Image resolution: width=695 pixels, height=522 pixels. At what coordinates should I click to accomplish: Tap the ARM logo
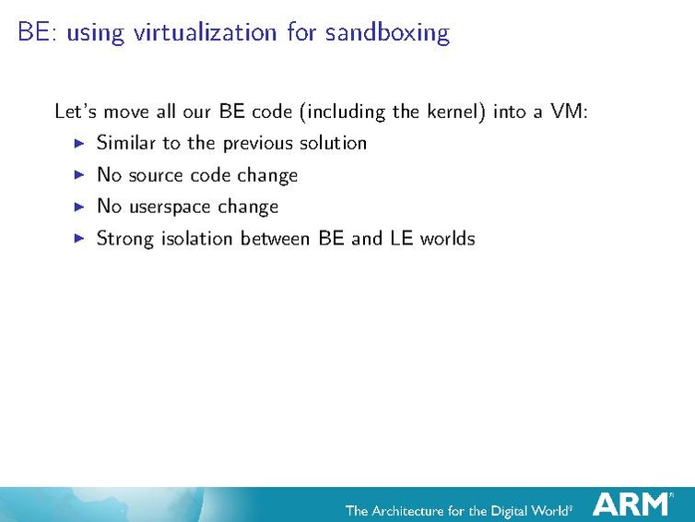tap(631, 504)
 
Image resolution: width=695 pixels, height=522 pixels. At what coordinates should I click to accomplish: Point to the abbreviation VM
tap(567, 113)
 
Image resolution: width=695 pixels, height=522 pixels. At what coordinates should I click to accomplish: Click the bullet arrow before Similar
tap(78, 143)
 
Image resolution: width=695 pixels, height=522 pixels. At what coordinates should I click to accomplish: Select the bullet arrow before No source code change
tap(78, 175)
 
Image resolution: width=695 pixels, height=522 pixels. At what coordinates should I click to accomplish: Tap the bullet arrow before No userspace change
tap(78, 207)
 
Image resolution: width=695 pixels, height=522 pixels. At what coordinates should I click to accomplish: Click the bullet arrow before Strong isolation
tap(78, 238)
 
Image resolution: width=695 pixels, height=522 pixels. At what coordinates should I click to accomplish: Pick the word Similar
tap(126, 143)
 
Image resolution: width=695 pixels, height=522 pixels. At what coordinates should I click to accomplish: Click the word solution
tap(333, 143)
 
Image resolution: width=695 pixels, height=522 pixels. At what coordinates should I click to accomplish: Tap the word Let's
tap(76, 113)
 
